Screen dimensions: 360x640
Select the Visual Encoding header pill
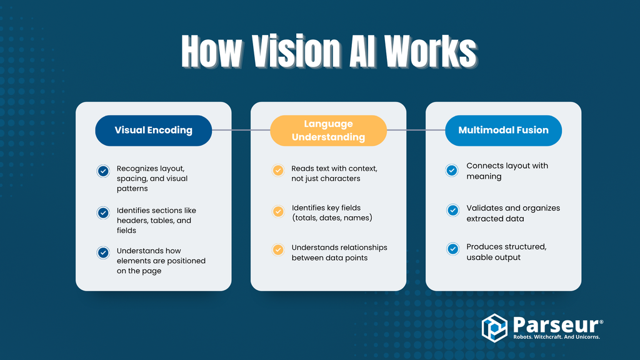153,131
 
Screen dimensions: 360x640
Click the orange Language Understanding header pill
328,131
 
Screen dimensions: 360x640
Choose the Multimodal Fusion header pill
503,131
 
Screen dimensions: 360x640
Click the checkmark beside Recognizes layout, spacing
104,171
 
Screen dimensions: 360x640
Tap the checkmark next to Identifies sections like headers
104,212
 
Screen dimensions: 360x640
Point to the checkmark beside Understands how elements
104,252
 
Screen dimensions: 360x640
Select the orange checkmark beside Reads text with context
278,170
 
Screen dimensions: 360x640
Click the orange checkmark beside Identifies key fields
278,211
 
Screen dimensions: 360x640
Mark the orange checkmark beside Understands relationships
278,249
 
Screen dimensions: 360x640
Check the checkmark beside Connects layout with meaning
452,170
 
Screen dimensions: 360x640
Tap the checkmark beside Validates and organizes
452,211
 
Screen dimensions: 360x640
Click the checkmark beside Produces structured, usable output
452,249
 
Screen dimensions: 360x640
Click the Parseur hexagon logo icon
494,328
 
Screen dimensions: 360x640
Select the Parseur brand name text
553,324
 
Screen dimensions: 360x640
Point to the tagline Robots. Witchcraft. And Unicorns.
556,337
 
